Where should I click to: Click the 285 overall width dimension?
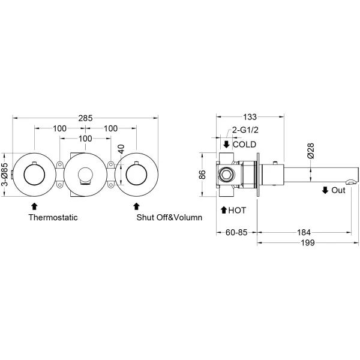[x=85, y=118]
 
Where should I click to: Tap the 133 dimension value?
[x=250, y=117]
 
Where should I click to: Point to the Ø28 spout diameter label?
[x=311, y=151]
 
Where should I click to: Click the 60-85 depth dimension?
[x=236, y=232]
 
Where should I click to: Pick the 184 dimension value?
[x=304, y=232]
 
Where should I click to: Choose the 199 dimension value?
[x=308, y=242]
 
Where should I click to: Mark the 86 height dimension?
[x=202, y=175]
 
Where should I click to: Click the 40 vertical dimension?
[x=121, y=149]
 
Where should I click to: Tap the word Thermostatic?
[x=53, y=217]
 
